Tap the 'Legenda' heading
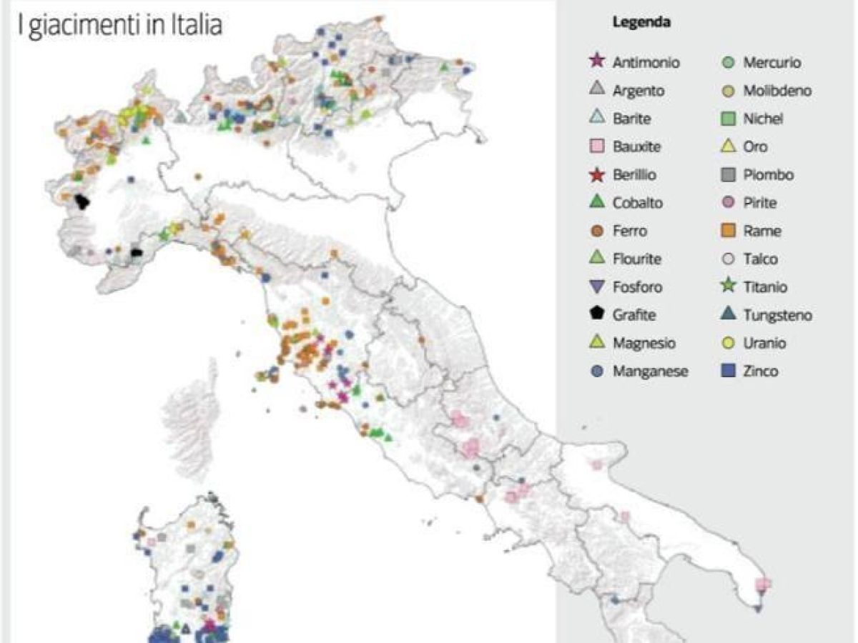click(641, 22)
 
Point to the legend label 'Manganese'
click(650, 371)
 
